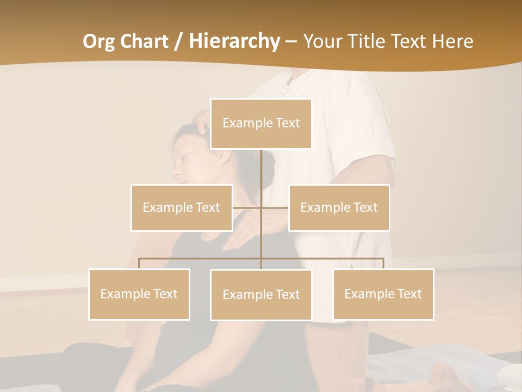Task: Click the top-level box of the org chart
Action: pos(261,124)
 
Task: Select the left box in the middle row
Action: pos(182,207)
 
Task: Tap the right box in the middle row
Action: pos(339,207)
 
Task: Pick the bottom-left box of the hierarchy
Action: pos(139,294)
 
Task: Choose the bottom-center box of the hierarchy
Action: pos(261,295)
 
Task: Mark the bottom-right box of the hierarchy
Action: pos(383,294)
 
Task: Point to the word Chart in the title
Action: pos(143,41)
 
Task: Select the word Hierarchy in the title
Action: pos(234,41)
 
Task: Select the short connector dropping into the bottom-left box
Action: pos(139,264)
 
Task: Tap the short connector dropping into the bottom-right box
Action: pos(383,264)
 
